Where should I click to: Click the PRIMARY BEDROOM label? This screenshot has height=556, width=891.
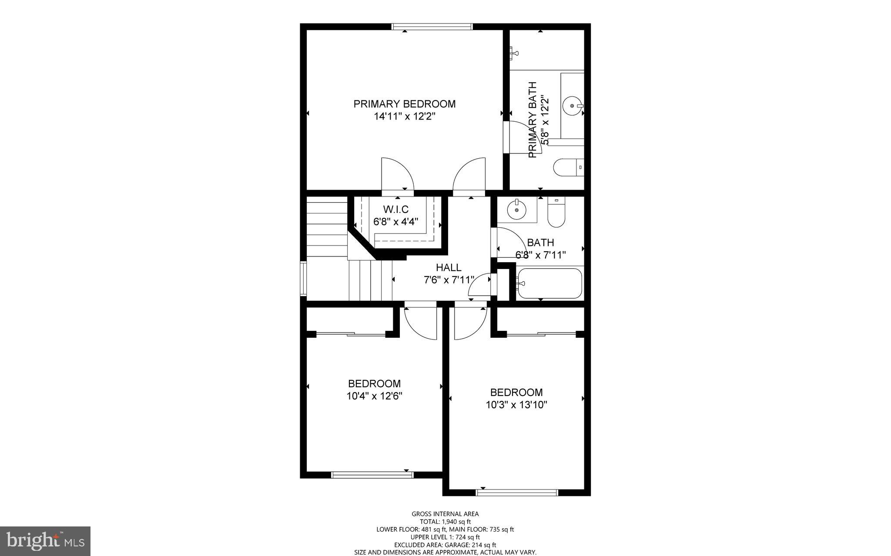tap(404, 104)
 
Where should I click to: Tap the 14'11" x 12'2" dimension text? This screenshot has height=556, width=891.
tap(404, 117)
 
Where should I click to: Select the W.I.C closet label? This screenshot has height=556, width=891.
tap(395, 210)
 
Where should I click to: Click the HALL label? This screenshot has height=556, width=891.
tap(449, 268)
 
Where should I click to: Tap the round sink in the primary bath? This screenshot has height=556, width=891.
tap(572, 106)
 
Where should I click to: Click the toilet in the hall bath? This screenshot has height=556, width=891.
tap(556, 214)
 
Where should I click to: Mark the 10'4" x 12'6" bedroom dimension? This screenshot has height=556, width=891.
tap(374, 396)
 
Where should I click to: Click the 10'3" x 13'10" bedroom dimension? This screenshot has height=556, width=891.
tap(516, 405)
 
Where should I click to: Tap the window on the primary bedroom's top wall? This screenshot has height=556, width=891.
tap(432, 27)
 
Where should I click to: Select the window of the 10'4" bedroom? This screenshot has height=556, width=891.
tap(372, 475)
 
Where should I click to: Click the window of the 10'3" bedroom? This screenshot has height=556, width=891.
tap(516, 493)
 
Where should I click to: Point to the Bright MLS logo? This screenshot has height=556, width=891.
tap(45, 541)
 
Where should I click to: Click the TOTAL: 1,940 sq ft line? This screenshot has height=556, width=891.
tap(445, 522)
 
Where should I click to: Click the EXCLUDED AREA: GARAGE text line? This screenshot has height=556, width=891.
tap(445, 545)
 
